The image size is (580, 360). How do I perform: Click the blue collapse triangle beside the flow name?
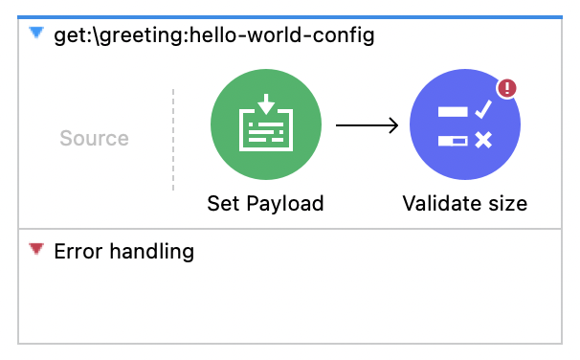pyautogui.click(x=36, y=34)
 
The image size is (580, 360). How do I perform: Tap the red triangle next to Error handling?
pyautogui.click(x=36, y=250)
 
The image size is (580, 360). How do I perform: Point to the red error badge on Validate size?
pyautogui.click(x=506, y=89)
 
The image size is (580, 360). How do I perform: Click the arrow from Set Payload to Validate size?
pyautogui.click(x=366, y=125)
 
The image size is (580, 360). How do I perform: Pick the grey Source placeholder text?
pyautogui.click(x=94, y=138)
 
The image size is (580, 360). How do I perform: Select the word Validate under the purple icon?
pyautogui.click(x=440, y=203)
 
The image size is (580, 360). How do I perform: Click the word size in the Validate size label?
pyautogui.click(x=505, y=203)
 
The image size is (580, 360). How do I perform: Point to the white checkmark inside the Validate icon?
pyautogui.click(x=482, y=111)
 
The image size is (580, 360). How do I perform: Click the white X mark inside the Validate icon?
pyautogui.click(x=483, y=141)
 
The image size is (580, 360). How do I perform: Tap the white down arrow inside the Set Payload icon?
pyautogui.click(x=265, y=103)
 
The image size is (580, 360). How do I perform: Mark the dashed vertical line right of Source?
pyautogui.click(x=173, y=139)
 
